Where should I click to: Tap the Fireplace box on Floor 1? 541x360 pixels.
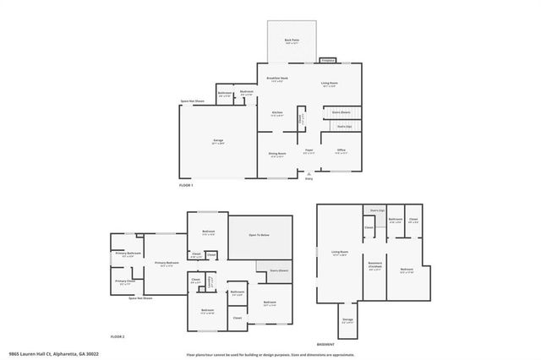pyautogui.click(x=327, y=61)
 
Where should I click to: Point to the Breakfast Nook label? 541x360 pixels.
pyautogui.click(x=276, y=79)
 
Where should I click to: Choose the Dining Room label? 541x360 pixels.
pyautogui.click(x=276, y=154)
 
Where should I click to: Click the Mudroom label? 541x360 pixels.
pyautogui.click(x=247, y=93)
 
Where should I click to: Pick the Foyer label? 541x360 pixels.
pyautogui.click(x=309, y=152)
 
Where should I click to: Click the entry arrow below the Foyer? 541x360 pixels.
pyautogui.click(x=309, y=173)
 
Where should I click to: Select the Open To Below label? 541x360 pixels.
pyautogui.click(x=260, y=235)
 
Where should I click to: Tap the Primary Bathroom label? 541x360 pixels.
pyautogui.click(x=128, y=254)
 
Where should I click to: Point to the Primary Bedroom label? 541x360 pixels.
pyautogui.click(x=167, y=263)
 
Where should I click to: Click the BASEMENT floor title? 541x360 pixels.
pyautogui.click(x=325, y=345)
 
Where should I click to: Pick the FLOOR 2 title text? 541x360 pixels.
pyautogui.click(x=117, y=336)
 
